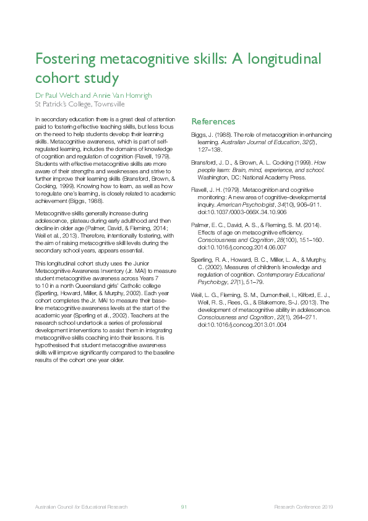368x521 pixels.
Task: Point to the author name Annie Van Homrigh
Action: coord(121,95)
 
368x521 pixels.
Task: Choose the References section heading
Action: coord(213,122)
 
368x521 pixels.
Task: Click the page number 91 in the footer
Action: coord(184,507)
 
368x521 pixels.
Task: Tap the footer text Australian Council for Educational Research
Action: coord(81,507)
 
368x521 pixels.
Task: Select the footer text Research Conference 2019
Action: coord(304,507)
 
